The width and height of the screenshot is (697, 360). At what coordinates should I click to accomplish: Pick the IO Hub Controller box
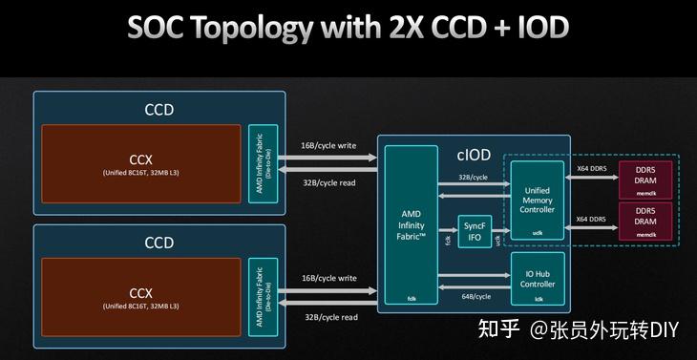click(539, 278)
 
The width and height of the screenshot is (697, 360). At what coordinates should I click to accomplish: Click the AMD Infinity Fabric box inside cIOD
click(412, 229)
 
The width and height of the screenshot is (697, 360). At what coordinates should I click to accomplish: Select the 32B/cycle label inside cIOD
click(473, 177)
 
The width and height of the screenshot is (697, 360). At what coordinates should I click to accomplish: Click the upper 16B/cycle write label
click(329, 145)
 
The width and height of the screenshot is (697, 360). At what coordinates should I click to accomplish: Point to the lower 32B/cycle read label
click(331, 317)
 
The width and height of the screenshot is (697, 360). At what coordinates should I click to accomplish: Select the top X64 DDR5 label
click(592, 168)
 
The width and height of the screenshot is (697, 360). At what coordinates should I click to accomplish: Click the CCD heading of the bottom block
click(158, 243)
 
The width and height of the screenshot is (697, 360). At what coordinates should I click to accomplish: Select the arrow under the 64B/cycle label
click(473, 307)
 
